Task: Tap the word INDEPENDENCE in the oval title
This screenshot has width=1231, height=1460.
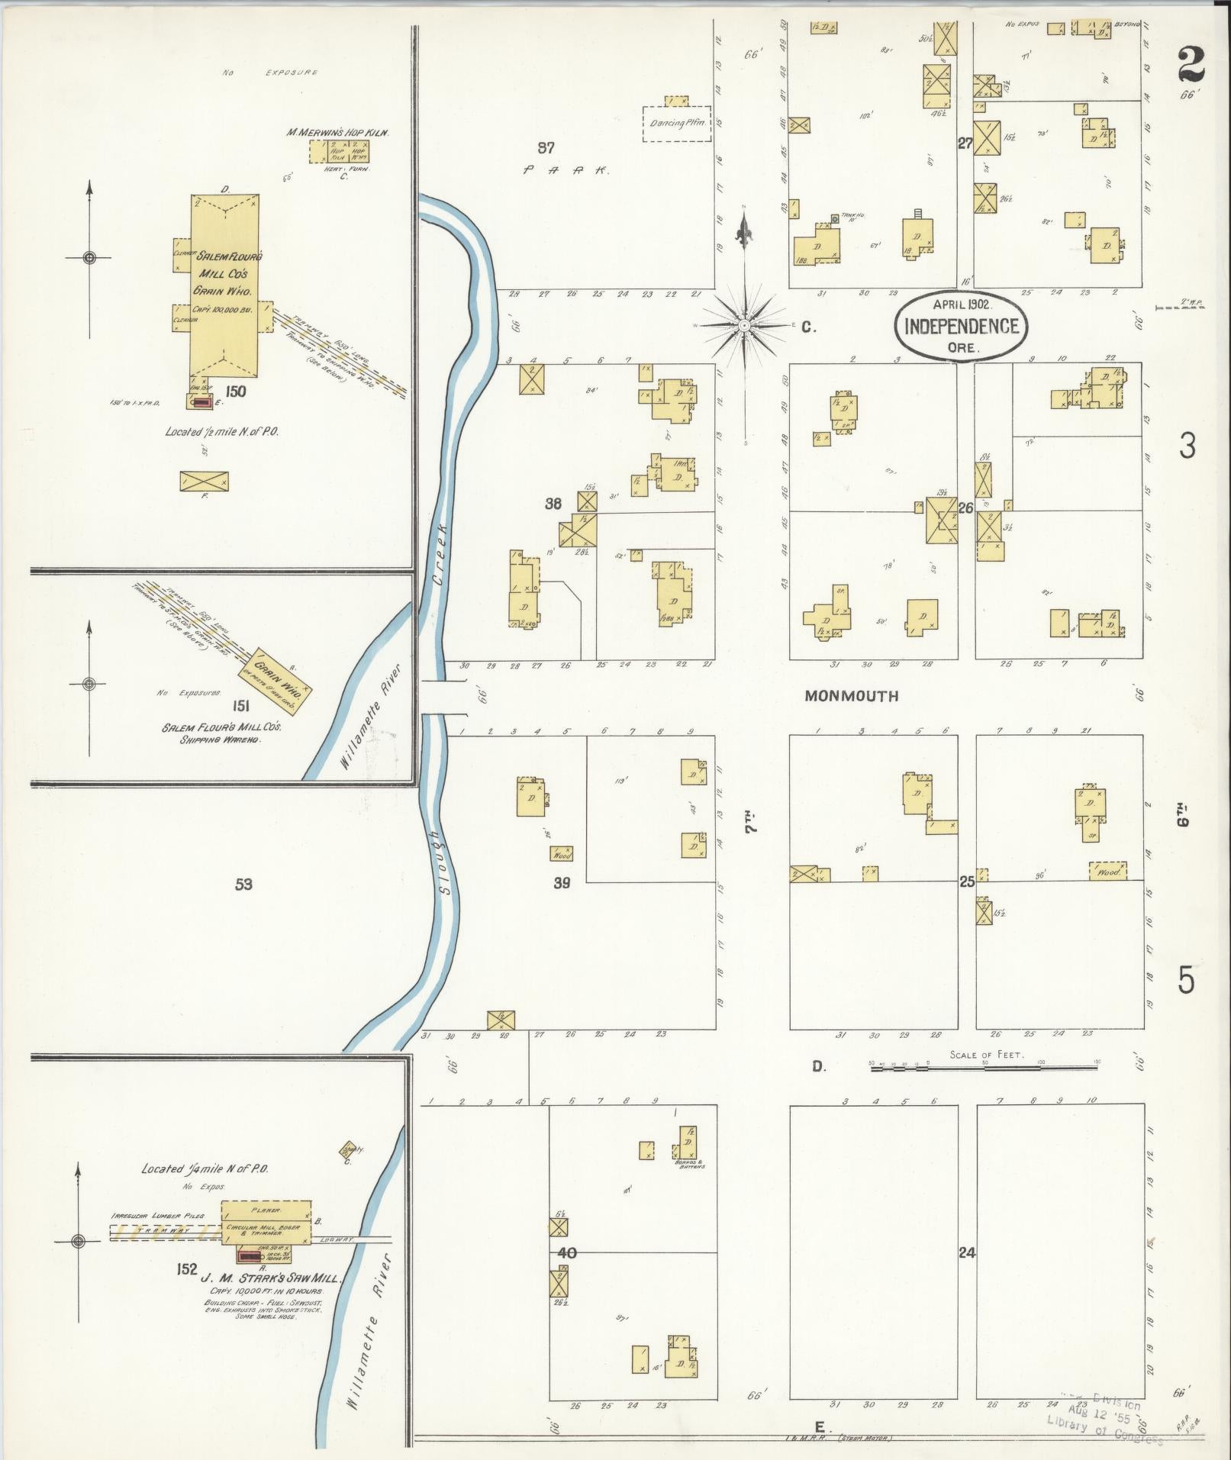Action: tap(961, 327)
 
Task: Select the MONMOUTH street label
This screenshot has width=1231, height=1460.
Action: tap(852, 696)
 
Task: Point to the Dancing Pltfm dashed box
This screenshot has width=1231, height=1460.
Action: tap(676, 124)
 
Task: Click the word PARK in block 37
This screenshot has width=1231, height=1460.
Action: tap(566, 171)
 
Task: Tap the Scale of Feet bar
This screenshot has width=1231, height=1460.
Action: tap(983, 1067)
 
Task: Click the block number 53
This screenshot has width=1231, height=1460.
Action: tap(243, 885)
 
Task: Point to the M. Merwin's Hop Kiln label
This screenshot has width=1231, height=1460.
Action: tap(337, 132)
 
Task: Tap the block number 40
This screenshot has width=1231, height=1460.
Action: tap(566, 1252)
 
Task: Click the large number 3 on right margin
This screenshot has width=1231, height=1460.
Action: tap(1186, 446)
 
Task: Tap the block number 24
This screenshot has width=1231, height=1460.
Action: tap(967, 1252)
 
